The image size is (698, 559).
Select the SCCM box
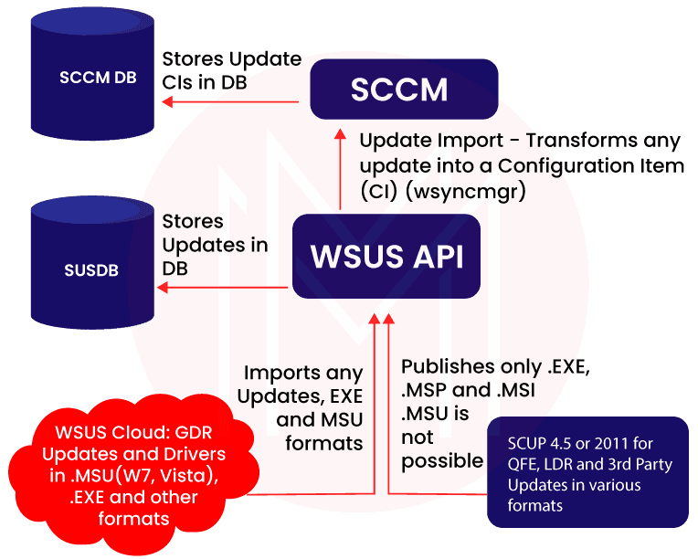[404, 90]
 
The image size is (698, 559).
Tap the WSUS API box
[386, 257]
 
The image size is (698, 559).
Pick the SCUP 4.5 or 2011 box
[587, 472]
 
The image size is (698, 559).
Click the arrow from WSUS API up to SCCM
[341, 174]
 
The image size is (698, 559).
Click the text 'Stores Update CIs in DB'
[231, 69]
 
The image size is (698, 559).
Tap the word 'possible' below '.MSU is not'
[442, 460]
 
